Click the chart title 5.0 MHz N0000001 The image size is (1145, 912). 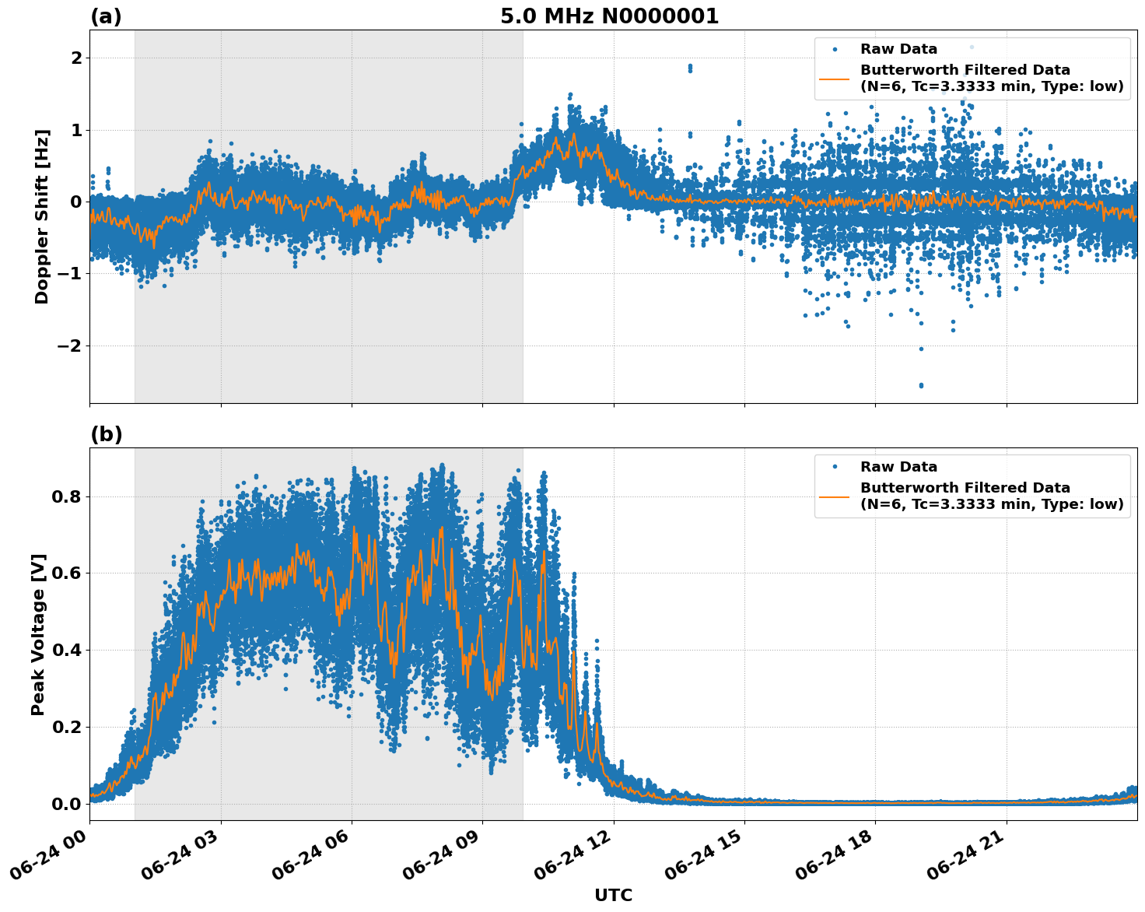click(609, 16)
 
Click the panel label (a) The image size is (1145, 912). click(106, 16)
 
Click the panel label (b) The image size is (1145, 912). click(106, 434)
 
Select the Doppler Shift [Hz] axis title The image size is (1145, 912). click(42, 216)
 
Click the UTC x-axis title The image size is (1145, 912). click(613, 895)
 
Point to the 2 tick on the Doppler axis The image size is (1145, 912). click(76, 58)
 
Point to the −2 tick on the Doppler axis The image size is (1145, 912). click(70, 346)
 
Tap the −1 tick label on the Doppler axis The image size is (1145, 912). click(70, 274)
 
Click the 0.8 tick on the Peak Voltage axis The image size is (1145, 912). click(68, 496)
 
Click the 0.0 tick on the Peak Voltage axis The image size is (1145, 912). click(68, 804)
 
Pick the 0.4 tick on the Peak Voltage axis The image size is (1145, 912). click(68, 650)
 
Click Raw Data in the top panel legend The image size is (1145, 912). click(898, 49)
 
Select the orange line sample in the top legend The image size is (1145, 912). click(835, 78)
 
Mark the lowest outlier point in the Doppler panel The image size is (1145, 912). click(921, 385)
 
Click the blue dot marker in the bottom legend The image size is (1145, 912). click(835, 467)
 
